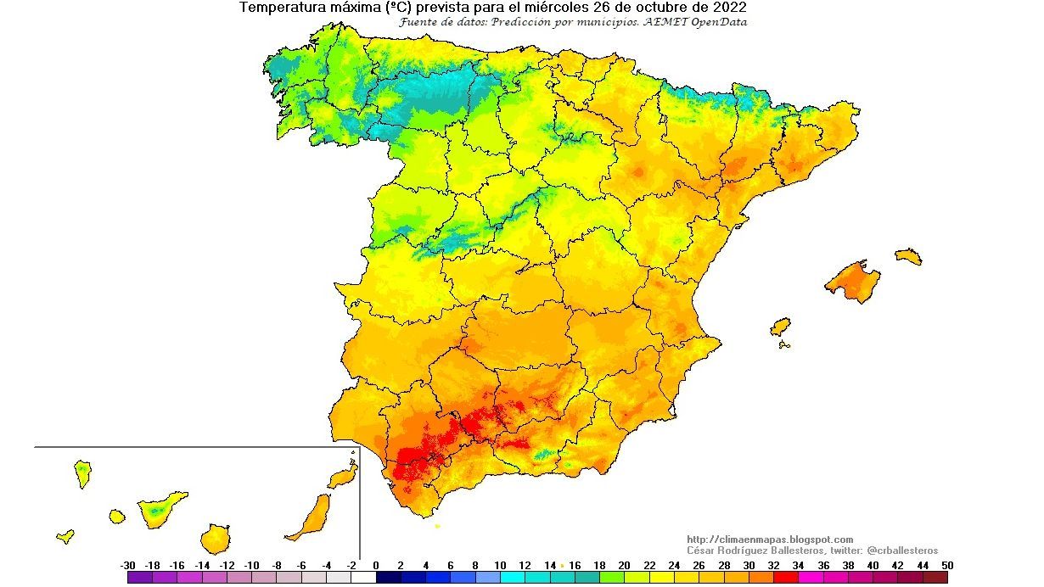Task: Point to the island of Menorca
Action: [x=907, y=255]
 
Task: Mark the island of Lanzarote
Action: [x=343, y=476]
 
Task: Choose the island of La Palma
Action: [x=82, y=472]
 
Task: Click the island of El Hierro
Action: [x=65, y=536]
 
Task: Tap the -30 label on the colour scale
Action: [x=128, y=565]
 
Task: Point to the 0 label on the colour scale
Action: [x=376, y=565]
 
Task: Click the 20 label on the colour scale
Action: [x=624, y=565]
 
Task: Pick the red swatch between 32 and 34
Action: [x=786, y=578]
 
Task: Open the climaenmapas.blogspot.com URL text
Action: [x=769, y=539]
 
